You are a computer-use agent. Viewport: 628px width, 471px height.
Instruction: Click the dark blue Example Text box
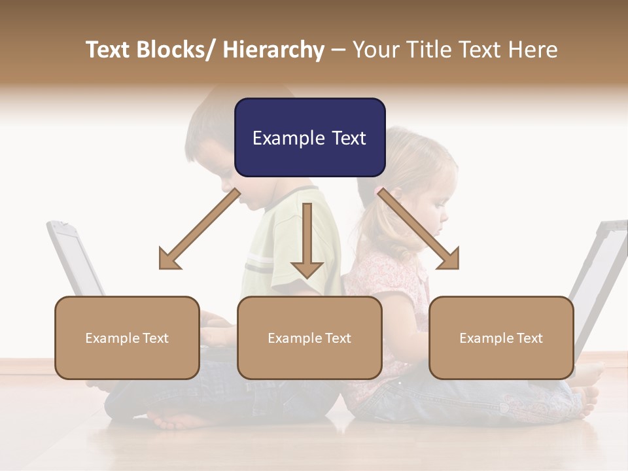[309, 137]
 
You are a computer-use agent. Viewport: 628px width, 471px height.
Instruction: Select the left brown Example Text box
[127, 338]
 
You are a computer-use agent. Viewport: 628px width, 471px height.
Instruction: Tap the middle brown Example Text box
[309, 338]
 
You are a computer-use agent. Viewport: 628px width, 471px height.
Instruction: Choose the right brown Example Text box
[501, 338]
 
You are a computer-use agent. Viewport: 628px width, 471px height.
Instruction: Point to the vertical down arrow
[307, 242]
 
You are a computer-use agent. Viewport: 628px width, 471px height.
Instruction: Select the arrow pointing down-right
[419, 229]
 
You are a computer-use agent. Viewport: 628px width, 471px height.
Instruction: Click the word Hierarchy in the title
[273, 50]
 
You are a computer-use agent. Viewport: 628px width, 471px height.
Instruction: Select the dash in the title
[338, 50]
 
